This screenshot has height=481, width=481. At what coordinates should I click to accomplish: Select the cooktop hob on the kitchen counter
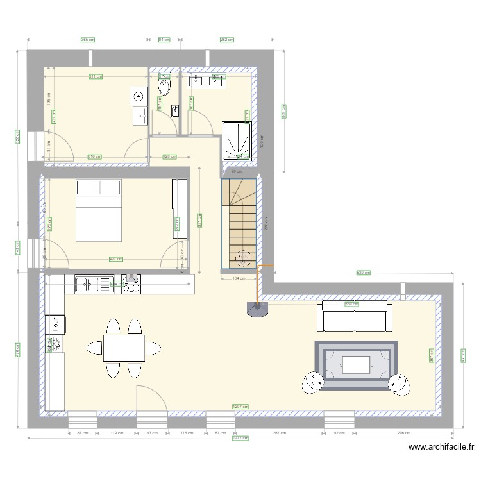(131, 283)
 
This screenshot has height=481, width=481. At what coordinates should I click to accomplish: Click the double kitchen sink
(94, 283)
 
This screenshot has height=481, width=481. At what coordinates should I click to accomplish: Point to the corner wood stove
(258, 310)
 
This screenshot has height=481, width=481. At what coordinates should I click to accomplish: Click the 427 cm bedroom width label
(115, 259)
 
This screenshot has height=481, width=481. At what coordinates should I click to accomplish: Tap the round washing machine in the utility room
(139, 97)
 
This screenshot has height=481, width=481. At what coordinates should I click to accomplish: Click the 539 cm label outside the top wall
(363, 274)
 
